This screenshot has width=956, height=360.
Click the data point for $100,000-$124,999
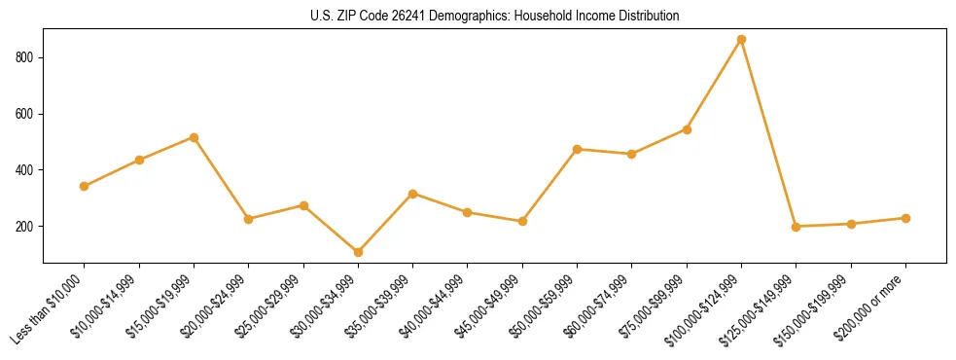(x=741, y=40)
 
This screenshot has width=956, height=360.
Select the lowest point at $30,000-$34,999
(x=358, y=252)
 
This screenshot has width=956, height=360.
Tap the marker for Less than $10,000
(x=85, y=186)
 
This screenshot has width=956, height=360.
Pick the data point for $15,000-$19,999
(x=194, y=137)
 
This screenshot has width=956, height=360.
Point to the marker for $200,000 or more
(x=905, y=218)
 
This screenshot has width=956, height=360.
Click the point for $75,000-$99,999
(x=687, y=129)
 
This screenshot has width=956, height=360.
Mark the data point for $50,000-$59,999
(x=577, y=149)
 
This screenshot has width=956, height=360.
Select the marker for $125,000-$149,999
(x=796, y=227)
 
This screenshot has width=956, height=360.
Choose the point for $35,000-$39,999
(x=412, y=194)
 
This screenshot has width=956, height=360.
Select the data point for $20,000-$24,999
(x=248, y=219)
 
